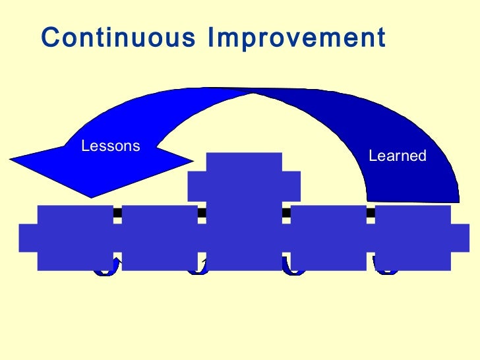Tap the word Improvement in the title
click(x=296, y=38)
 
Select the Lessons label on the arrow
click(x=110, y=146)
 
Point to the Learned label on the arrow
click(x=398, y=156)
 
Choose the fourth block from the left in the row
click(x=328, y=238)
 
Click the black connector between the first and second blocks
click(x=117, y=212)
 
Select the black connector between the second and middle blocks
click(x=202, y=212)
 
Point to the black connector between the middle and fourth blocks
click(x=286, y=212)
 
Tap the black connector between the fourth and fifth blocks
click(x=371, y=212)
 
